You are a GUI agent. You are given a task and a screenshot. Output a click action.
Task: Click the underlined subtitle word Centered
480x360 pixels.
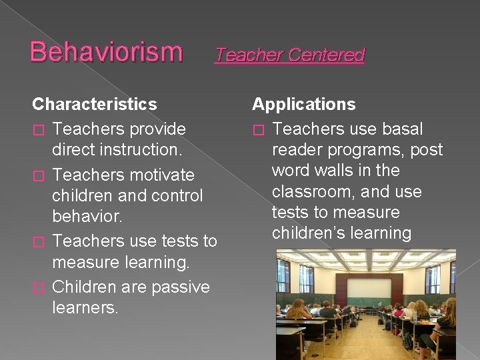326,55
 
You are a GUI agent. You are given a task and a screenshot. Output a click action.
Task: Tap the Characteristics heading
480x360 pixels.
95,105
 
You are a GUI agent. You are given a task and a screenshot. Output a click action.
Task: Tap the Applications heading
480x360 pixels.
304,105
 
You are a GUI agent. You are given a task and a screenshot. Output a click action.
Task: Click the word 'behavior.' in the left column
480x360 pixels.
86,217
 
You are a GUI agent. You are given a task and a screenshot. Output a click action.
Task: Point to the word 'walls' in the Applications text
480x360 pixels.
347,171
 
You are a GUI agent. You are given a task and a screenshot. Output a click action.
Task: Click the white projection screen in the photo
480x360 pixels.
369,287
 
